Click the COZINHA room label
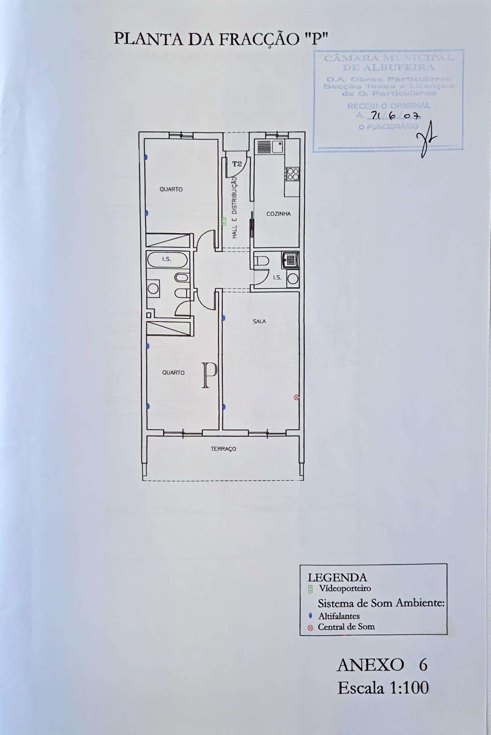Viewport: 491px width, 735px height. click(x=279, y=214)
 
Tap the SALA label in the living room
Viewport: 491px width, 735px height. click(x=259, y=322)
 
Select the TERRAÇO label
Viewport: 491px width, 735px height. click(x=223, y=449)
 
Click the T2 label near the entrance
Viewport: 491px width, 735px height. click(x=237, y=164)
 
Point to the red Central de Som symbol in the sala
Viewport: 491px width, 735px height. click(x=296, y=397)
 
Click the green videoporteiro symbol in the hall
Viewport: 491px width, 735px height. click(x=224, y=221)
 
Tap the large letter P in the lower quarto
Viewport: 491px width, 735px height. click(x=209, y=375)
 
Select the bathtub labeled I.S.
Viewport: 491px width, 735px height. click(x=167, y=259)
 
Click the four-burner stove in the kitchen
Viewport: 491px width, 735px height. click(x=293, y=174)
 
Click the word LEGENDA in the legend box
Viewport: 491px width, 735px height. click(x=337, y=577)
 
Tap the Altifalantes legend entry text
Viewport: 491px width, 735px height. click(x=339, y=616)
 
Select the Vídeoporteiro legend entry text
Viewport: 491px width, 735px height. click(x=345, y=589)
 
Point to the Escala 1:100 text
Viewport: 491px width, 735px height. click(x=383, y=688)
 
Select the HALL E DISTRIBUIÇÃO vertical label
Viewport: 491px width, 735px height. click(x=235, y=207)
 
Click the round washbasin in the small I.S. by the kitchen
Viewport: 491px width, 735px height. click(x=293, y=279)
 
